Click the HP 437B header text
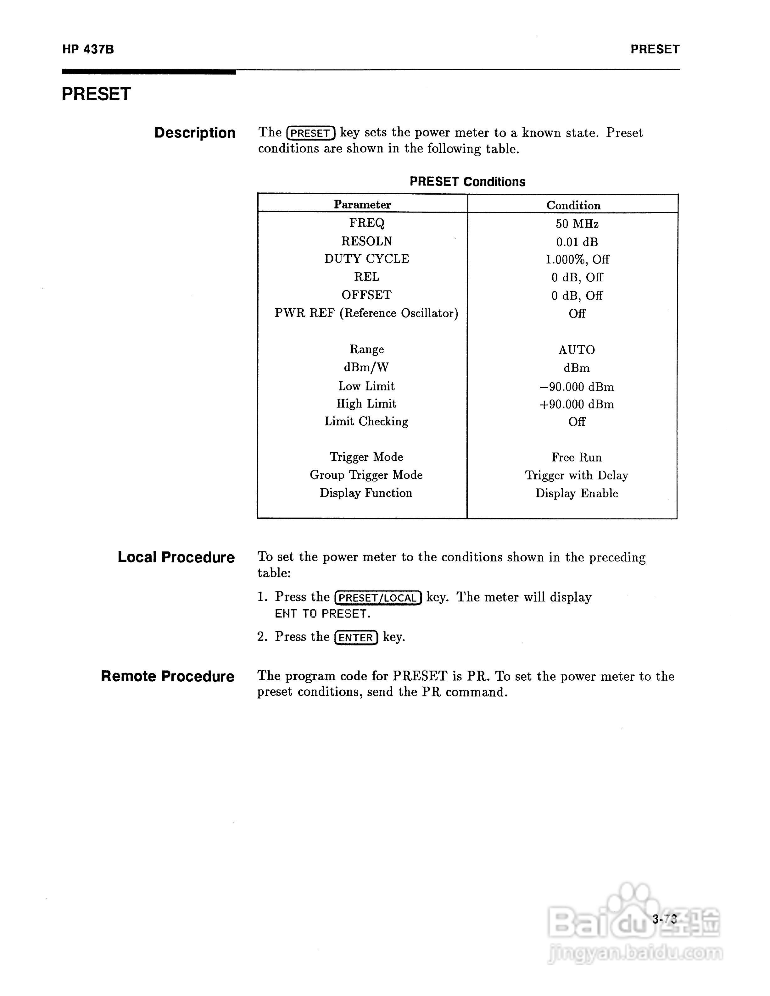point(88,49)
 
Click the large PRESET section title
point(96,94)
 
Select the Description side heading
point(195,133)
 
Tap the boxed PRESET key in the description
point(311,133)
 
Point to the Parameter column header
point(362,204)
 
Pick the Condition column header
point(573,205)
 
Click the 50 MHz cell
point(577,224)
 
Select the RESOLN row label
point(366,241)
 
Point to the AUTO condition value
point(577,350)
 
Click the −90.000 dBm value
point(577,387)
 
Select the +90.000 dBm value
point(577,404)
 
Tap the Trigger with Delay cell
point(577,475)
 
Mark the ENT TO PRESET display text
point(322,614)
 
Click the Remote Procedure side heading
point(167,676)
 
